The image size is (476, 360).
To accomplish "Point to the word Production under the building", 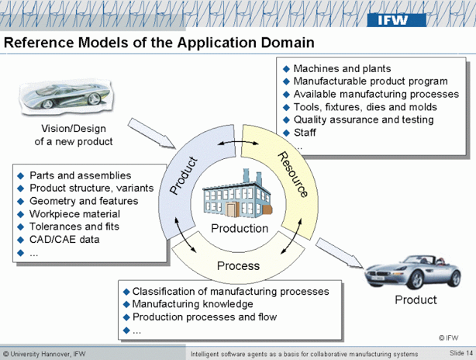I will point(240,229).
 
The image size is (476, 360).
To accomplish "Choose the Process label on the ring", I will point(238,266).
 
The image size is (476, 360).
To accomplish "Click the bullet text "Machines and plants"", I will point(342,69).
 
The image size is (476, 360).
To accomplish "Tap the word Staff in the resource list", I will point(306,132).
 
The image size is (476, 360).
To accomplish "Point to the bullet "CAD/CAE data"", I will point(64,239).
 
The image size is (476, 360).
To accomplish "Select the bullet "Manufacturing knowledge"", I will point(192,304).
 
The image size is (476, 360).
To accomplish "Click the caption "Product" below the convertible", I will point(416,300).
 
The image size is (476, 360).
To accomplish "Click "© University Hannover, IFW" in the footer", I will point(44,354).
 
